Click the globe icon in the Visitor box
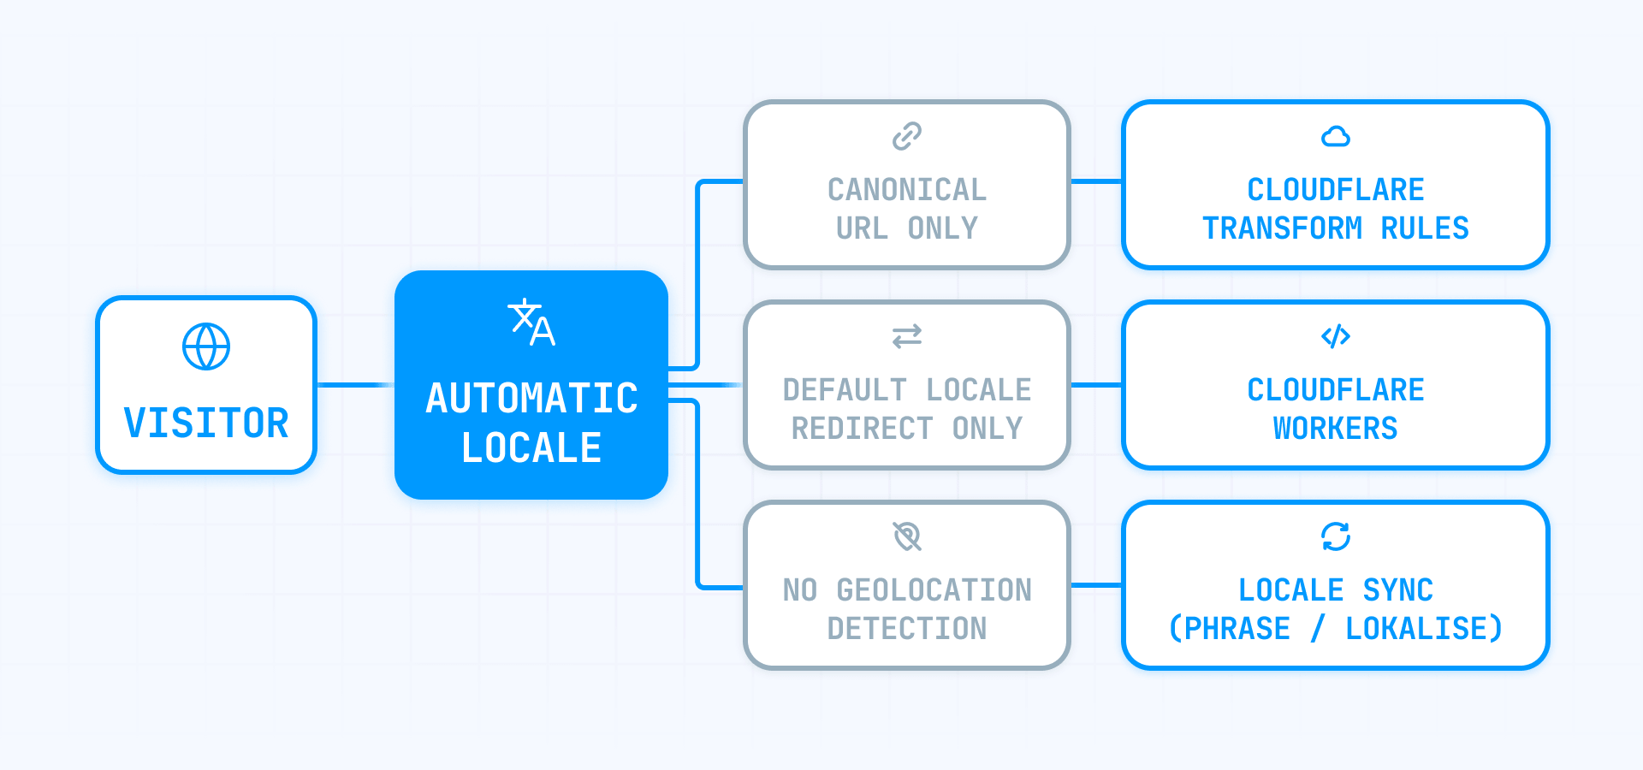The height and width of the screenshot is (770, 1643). click(206, 346)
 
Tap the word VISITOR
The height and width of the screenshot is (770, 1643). click(206, 423)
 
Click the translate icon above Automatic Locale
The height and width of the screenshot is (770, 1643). click(531, 323)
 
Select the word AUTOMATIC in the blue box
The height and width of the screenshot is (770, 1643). click(531, 398)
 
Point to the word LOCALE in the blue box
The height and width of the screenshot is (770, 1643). click(531, 447)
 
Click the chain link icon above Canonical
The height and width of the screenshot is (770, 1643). click(907, 136)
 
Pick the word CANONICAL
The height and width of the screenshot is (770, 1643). click(907, 189)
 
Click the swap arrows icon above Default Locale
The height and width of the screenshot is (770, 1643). click(907, 336)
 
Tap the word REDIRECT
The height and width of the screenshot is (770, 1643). click(862, 428)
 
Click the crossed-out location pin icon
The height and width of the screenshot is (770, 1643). click(907, 536)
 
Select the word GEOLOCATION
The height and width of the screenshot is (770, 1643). click(934, 589)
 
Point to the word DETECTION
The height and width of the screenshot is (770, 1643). click(907, 628)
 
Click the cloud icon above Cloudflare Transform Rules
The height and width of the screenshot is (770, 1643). click(1335, 136)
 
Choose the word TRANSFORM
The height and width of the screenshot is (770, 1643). click(1282, 228)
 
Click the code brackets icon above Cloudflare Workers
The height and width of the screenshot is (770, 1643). click(1335, 336)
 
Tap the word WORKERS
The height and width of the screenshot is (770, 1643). click(1335, 428)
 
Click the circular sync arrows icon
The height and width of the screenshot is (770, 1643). click(1335, 536)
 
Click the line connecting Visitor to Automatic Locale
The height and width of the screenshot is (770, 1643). click(355, 385)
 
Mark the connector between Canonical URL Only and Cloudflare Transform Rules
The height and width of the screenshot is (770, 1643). click(1096, 181)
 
